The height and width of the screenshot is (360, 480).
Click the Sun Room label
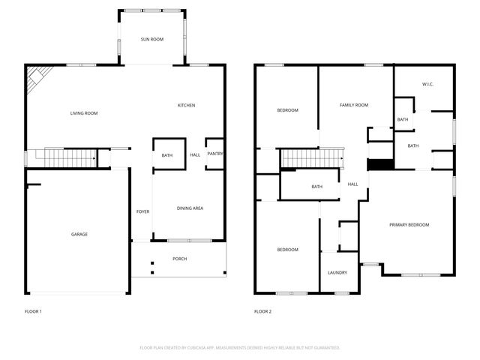tap(152, 39)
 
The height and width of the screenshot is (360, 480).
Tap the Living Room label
tap(84, 114)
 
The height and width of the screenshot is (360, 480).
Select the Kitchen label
tap(186, 106)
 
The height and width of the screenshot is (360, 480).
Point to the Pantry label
tap(215, 154)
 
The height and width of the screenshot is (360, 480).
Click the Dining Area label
tap(190, 208)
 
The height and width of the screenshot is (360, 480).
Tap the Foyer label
tap(142, 212)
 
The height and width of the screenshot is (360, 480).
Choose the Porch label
tap(179, 259)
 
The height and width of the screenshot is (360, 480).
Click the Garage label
tap(79, 235)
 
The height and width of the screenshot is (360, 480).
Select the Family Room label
tap(354, 106)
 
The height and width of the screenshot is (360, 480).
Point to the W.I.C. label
tap(428, 85)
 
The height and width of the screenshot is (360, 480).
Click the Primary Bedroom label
tap(409, 225)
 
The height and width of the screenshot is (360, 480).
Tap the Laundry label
tap(337, 273)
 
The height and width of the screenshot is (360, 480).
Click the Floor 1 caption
tap(34, 311)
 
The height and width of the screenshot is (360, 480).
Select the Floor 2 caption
tap(262, 311)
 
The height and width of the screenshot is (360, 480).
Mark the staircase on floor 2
tap(310, 158)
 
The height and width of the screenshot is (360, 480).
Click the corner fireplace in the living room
tap(38, 79)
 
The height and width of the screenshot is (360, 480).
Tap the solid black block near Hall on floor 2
tap(380, 165)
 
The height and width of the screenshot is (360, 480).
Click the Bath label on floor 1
tap(167, 156)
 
